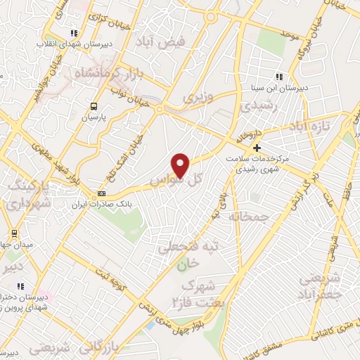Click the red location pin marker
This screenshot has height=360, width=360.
[x=181, y=166]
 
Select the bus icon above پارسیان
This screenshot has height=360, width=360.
[x=93, y=106]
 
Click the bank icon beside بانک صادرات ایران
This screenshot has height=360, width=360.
[x=102, y=193]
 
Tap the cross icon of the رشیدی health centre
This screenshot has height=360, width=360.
[x=257, y=148]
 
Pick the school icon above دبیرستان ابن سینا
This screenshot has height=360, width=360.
[x=280, y=77]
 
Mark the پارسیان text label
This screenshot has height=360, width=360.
[x=93, y=118]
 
